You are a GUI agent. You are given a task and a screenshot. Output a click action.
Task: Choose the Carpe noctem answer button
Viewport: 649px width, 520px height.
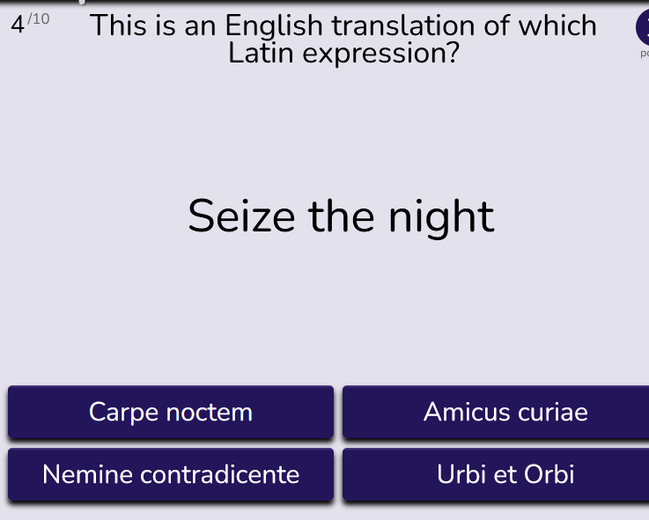coord(171,412)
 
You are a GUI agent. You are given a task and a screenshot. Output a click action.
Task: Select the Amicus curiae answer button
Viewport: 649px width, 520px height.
coord(496,412)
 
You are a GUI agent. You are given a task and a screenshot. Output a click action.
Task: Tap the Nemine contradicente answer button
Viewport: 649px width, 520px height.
coord(171,474)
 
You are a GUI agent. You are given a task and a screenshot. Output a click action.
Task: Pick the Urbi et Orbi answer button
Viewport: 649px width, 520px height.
coord(496,474)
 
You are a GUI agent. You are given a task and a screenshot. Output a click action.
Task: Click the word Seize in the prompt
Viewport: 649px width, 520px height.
coord(241,216)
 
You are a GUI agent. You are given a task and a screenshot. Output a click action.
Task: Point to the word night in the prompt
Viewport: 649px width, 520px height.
coord(441,217)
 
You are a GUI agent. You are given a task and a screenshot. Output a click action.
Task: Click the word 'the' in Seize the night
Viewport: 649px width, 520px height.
coord(341,216)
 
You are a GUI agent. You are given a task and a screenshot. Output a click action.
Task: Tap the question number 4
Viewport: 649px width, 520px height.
coord(18,25)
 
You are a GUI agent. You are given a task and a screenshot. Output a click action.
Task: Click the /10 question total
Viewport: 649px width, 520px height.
coord(39,19)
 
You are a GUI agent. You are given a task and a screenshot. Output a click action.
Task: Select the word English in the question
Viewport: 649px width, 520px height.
coord(274,26)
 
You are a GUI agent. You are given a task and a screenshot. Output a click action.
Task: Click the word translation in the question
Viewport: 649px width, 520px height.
coord(403,26)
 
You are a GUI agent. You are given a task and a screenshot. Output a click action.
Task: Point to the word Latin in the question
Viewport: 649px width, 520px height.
coord(261,53)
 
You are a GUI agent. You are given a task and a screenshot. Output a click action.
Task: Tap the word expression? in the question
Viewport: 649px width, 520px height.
coord(381,55)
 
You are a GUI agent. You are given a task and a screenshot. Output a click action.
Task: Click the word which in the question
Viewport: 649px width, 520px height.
coord(557,26)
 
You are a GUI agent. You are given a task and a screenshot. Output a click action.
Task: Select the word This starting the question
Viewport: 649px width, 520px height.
coord(119,26)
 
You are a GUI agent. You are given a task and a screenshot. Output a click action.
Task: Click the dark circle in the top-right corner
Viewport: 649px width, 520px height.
coord(643,27)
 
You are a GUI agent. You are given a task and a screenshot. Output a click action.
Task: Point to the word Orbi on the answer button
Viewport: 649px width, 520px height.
coord(549,474)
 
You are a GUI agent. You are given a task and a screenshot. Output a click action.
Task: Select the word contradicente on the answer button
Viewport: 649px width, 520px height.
coord(220,474)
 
